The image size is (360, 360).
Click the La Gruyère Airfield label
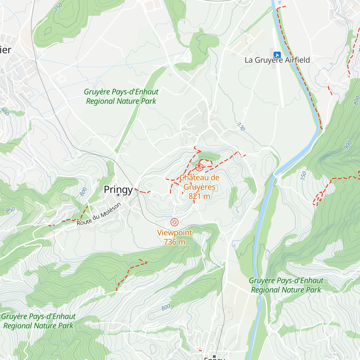[277, 60]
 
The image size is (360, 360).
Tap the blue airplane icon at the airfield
[277, 55]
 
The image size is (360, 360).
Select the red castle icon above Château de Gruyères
[199, 167]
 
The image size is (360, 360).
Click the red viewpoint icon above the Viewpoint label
[174, 222]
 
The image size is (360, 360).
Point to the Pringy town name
[118, 190]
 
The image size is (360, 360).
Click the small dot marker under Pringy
[118, 195]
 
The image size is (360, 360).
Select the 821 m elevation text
[199, 196]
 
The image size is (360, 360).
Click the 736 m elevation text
[174, 242]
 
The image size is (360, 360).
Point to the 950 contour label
[10, 210]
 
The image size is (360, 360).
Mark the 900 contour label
[347, 145]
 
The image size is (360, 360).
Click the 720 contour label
[241, 127]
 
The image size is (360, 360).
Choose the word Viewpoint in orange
[174, 233]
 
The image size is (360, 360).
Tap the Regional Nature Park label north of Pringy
[121, 97]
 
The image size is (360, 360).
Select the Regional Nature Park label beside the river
[286, 286]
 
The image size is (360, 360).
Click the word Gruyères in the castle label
[199, 187]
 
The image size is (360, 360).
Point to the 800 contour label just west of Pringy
[83, 191]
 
